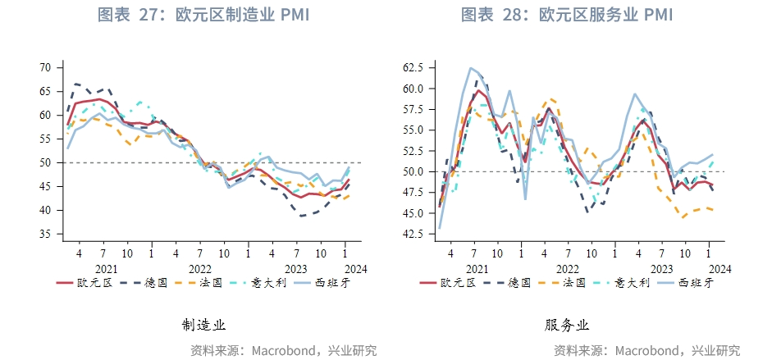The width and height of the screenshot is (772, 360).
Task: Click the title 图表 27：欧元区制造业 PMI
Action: coord(203,15)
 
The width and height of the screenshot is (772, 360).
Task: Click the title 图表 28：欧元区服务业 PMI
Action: coord(567,15)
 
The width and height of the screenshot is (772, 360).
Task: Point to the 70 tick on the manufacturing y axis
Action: coord(45,67)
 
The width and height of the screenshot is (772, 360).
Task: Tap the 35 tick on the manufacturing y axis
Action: coord(45,234)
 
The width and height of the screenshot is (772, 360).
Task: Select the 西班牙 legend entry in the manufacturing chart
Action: coord(321,283)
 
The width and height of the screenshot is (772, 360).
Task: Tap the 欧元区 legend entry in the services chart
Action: coord(448,283)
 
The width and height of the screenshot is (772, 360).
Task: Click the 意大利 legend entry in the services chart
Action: coord(622,283)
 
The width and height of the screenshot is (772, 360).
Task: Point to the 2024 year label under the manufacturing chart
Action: coord(356,270)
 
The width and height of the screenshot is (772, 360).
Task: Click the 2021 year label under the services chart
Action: coord(477,270)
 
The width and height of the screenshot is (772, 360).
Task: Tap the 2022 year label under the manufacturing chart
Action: coord(200,270)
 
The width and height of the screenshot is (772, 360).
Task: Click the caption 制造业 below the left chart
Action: coord(203,325)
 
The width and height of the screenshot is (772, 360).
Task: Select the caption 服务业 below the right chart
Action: coord(567,325)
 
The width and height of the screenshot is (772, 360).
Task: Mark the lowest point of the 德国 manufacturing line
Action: coord(300,216)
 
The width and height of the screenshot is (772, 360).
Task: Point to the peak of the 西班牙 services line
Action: coord(471,68)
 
